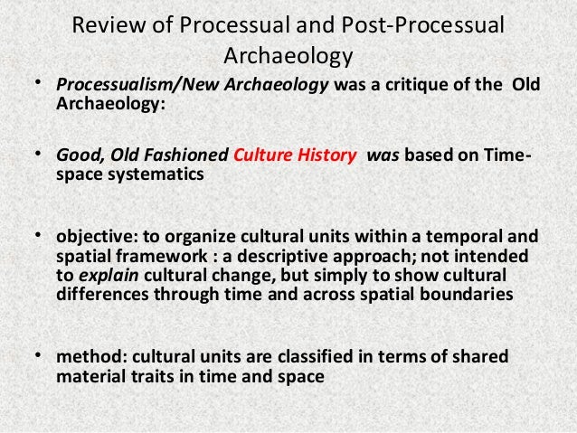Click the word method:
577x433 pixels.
86,359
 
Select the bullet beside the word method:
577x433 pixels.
39,359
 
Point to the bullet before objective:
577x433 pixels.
39,237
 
